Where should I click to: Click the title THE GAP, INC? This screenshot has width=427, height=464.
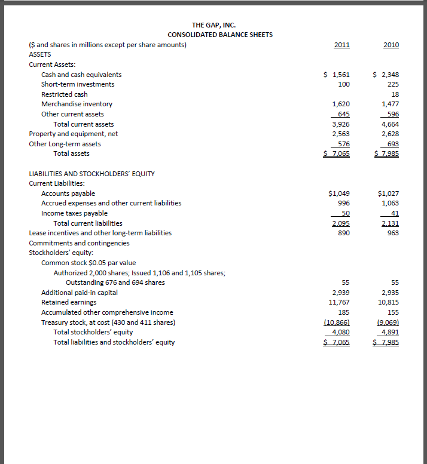point(213,25)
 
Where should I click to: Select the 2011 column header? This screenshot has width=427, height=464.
point(341,45)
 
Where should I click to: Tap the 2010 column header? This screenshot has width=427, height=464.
point(391,45)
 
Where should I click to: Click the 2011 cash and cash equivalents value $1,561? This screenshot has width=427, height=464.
point(337,75)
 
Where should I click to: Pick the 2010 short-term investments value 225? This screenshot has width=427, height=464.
point(393,84)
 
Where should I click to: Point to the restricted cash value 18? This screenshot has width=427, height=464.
point(395,94)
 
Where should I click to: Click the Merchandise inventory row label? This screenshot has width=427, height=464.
point(77,104)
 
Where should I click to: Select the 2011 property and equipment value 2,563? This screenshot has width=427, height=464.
point(341,134)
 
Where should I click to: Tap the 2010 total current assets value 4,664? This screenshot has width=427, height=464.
point(390,124)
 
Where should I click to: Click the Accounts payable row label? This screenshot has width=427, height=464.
point(68,193)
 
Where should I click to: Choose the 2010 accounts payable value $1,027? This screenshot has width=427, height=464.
point(389,193)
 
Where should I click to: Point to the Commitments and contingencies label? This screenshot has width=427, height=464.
point(79,242)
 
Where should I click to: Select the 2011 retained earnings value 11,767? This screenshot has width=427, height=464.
point(339,302)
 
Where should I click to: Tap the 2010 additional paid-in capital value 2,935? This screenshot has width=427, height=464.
point(390,293)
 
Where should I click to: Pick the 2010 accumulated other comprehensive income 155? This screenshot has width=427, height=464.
point(393,312)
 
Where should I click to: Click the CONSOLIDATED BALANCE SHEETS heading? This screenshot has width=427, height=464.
point(216,35)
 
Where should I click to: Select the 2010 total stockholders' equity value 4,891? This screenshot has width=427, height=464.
point(390,332)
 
